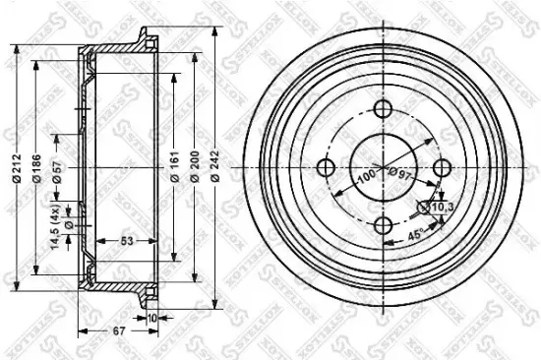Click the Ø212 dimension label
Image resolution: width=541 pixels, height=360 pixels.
click(16, 177)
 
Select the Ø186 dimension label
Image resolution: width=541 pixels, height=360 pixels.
click(37, 177)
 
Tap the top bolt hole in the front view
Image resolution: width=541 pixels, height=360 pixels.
click(382, 124)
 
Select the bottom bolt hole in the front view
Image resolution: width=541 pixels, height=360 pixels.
click(382, 225)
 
